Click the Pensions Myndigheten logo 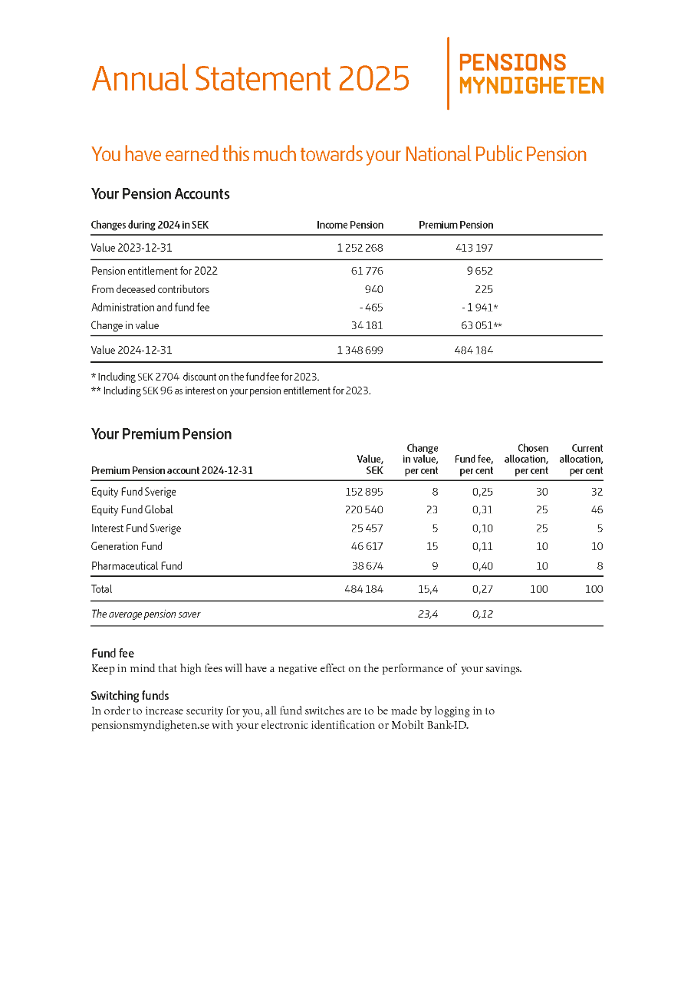pos(531,74)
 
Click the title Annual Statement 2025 pos(250,78)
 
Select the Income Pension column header pos(350,225)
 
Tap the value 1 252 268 pos(359,248)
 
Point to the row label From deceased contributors pos(150,289)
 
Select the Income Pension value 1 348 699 pos(359,350)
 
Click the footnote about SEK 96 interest pos(231,390)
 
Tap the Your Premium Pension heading pos(161,434)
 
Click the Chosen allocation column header pos(526,459)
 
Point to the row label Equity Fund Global pos(132,509)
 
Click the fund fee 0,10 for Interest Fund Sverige pos(482,528)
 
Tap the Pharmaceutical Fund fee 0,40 pos(482,566)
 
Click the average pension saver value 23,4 pos(428,614)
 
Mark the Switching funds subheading pos(130,696)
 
